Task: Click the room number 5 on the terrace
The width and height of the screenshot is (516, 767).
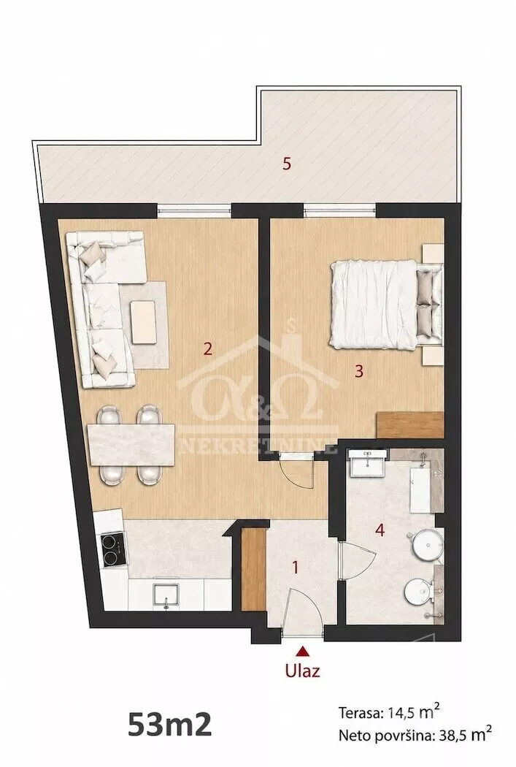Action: click(287, 164)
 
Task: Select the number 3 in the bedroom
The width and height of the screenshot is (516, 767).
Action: click(359, 371)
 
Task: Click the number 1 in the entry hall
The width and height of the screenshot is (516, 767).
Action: click(295, 568)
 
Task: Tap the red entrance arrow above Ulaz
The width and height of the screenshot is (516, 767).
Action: click(304, 651)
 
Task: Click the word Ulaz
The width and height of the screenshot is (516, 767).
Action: click(303, 670)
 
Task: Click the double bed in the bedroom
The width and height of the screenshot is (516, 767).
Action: click(386, 305)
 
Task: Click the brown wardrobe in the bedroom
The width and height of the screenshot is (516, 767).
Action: click(409, 424)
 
